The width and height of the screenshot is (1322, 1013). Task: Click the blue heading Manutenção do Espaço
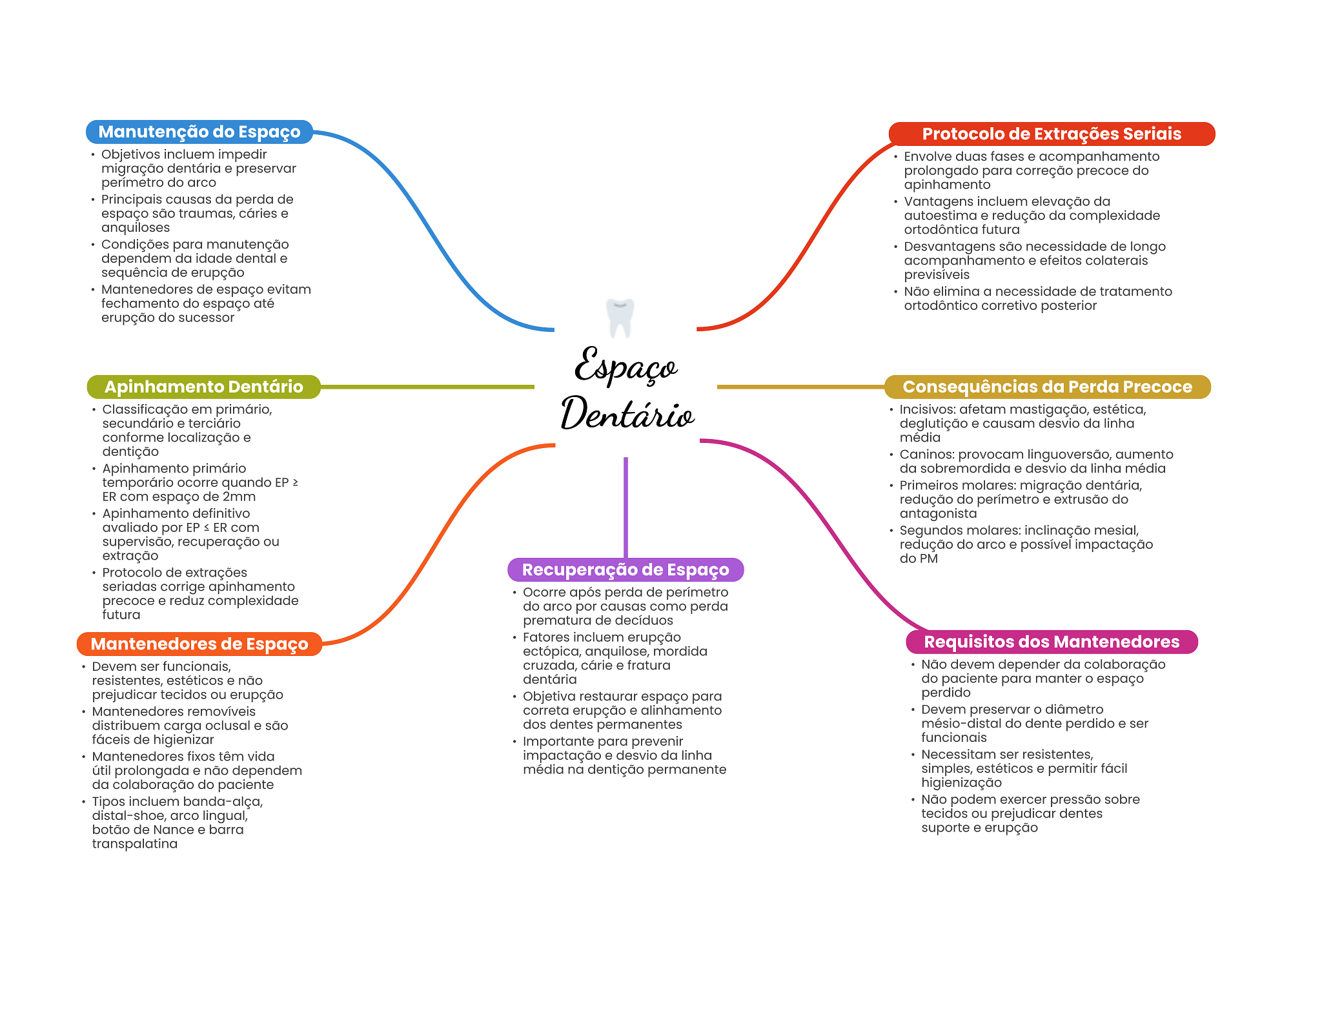tap(199, 132)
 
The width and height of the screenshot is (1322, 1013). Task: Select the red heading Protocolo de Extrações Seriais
tap(1052, 134)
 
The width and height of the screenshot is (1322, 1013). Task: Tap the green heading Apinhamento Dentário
tap(204, 387)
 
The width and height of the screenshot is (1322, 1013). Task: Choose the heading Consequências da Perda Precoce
tap(1047, 387)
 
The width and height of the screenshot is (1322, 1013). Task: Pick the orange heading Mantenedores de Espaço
tap(199, 644)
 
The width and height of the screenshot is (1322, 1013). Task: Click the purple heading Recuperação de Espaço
tap(625, 569)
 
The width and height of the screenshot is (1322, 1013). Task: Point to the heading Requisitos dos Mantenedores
tap(1052, 642)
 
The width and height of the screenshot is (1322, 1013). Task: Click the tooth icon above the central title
tap(620, 318)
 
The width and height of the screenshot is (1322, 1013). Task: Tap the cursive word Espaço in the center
tap(625, 365)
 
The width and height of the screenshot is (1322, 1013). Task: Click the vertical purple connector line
tap(625, 507)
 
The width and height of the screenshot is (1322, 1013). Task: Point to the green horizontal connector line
tap(427, 387)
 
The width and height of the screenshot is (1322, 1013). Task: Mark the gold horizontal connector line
tap(800, 387)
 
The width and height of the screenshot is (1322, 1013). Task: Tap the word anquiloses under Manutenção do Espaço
tap(136, 228)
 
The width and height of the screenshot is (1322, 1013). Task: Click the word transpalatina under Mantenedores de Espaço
tap(135, 844)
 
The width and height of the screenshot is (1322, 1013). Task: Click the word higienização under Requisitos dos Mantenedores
tap(962, 783)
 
